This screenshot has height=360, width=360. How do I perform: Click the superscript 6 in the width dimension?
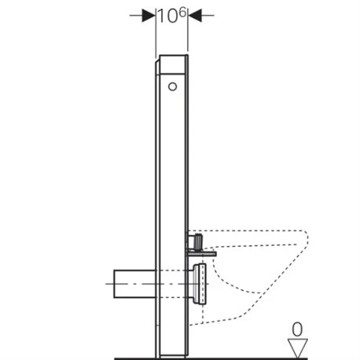(x=184, y=10)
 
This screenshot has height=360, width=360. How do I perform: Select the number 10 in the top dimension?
(x=170, y=16)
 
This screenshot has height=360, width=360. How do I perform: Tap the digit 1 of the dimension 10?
(x=163, y=16)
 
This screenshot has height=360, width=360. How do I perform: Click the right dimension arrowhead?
(x=195, y=15)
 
